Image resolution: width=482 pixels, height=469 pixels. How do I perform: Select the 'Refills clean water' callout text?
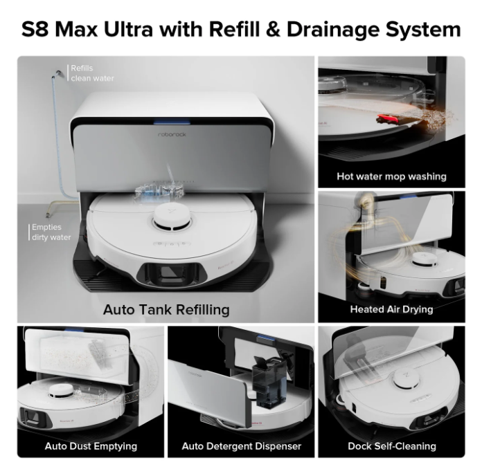tap(92, 73)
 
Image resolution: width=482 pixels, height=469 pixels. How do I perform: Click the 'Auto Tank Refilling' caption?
tap(166, 309)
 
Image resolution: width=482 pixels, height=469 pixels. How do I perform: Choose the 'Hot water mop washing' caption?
tap(391, 176)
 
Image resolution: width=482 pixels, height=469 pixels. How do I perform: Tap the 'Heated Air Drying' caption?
tap(391, 309)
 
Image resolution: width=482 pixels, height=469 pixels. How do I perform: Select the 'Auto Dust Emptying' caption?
tap(91, 446)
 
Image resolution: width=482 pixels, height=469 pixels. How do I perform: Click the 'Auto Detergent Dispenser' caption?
tap(241, 446)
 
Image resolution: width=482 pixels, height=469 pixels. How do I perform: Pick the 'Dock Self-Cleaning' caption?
tap(391, 446)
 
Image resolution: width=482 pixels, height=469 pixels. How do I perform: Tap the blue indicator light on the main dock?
tap(166, 122)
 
